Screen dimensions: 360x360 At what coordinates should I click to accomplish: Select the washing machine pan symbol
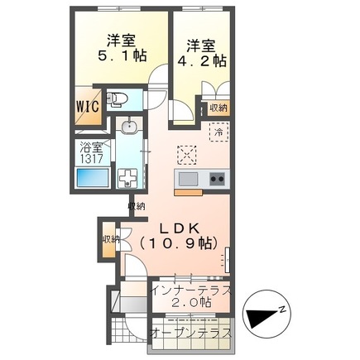tap(129, 178)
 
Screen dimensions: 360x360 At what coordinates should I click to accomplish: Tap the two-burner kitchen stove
tap(217, 178)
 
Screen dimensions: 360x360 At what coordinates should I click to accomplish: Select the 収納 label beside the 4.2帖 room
tap(218, 107)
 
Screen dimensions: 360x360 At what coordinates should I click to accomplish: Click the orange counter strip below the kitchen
tap(190, 192)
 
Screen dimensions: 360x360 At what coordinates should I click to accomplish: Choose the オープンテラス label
tap(190, 331)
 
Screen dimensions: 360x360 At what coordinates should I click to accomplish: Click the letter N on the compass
tap(282, 309)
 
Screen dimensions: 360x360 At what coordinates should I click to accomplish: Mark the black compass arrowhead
tap(258, 317)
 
